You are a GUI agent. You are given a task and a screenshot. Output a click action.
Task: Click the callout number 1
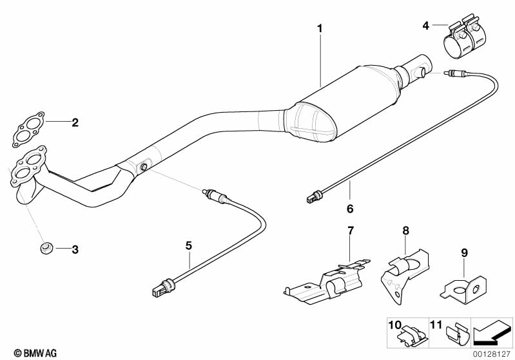[320, 28]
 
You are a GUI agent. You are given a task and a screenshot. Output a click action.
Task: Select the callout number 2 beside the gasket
[75, 123]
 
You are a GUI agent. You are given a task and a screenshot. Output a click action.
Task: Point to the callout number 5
[188, 245]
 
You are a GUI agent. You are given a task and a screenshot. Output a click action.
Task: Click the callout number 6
[350, 209]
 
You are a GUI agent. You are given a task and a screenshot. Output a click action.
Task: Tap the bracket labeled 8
[404, 276]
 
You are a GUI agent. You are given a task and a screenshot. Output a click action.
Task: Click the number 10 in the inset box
[395, 325]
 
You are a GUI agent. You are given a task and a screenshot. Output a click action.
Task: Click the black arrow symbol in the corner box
[492, 333]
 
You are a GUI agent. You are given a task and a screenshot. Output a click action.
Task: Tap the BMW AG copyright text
[35, 353]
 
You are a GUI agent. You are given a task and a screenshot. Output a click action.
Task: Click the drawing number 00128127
[492, 354]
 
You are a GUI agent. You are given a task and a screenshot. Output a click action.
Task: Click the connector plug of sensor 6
[313, 197]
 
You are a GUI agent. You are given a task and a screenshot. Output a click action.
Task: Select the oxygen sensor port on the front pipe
[144, 167]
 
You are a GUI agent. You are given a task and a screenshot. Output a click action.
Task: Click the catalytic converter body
[342, 104]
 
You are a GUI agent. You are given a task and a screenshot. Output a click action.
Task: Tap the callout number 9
[465, 252]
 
